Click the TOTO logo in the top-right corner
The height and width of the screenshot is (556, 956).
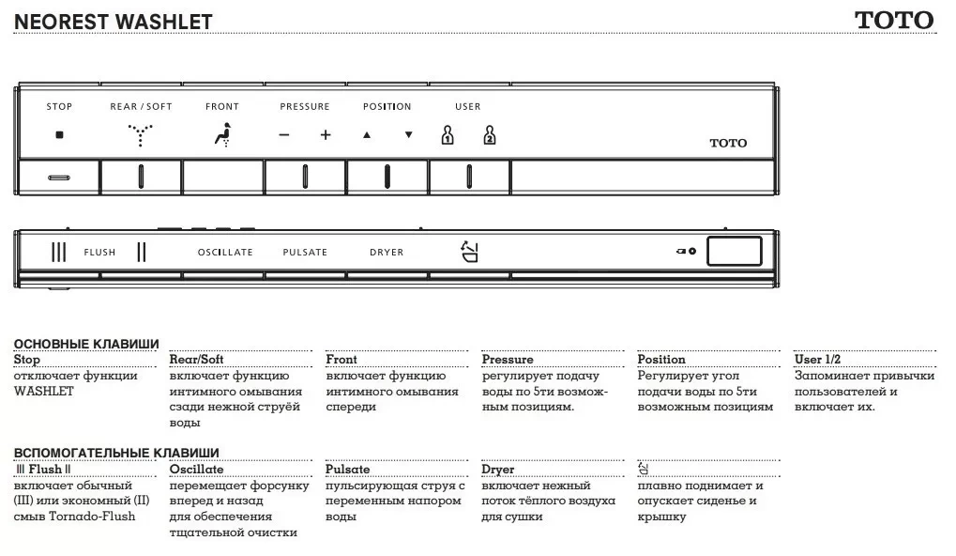(x=893, y=20)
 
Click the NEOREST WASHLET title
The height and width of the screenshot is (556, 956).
(x=114, y=22)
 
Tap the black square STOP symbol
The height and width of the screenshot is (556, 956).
(x=59, y=135)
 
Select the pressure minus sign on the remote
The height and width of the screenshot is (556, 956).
(x=284, y=135)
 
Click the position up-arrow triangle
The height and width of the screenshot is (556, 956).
(x=367, y=135)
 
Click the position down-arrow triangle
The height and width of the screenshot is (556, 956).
(x=408, y=135)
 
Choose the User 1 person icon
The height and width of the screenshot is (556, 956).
(x=448, y=135)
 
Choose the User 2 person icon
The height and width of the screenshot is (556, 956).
(x=489, y=135)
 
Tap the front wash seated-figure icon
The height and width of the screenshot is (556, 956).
(x=221, y=135)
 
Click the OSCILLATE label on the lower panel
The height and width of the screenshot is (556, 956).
(x=225, y=253)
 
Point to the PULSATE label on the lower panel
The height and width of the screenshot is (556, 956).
(x=305, y=253)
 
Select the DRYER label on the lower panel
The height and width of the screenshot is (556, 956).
(x=387, y=253)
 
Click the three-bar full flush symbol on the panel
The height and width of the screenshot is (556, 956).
(x=59, y=252)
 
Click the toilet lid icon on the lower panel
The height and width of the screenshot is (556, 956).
(x=469, y=251)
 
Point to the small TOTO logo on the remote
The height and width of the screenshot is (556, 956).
(x=728, y=143)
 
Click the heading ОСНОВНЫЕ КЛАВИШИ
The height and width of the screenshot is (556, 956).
(x=86, y=345)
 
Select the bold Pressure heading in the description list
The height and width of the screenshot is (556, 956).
(x=508, y=360)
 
